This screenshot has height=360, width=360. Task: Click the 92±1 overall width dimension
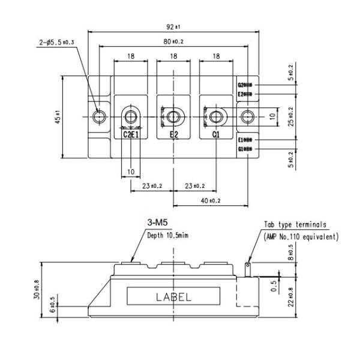174,26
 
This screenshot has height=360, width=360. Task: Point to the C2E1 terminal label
131,135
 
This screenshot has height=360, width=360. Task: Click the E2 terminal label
173,135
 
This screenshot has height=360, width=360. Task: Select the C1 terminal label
216,135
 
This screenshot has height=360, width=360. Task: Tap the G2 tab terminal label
241,85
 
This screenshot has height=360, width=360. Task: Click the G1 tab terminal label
241,148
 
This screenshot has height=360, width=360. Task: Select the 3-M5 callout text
158,223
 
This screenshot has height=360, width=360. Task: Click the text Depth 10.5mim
168,235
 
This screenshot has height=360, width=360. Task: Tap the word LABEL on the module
174,296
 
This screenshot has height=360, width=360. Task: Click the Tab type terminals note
295,225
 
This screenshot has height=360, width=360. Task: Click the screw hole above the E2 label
173,116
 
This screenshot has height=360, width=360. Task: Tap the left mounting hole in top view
99,116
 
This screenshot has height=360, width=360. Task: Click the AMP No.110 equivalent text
301,236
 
